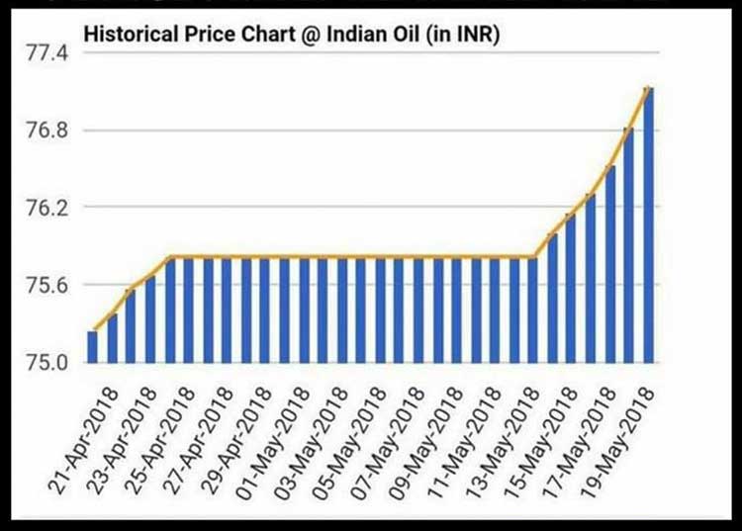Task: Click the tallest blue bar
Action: [x=648, y=227]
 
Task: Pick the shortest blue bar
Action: [x=92, y=346]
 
